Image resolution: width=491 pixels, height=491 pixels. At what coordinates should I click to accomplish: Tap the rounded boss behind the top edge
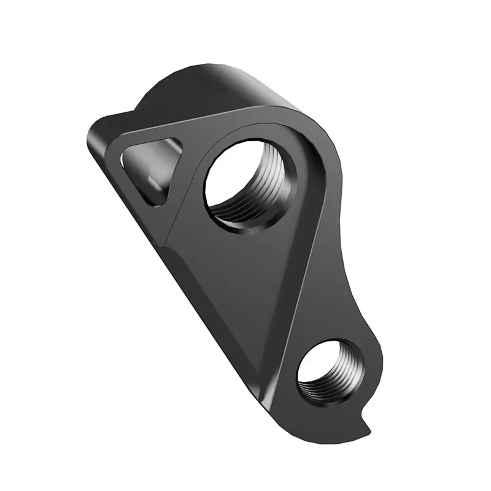point(203,92)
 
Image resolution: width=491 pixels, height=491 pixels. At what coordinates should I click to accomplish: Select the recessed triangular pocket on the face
point(245,276)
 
